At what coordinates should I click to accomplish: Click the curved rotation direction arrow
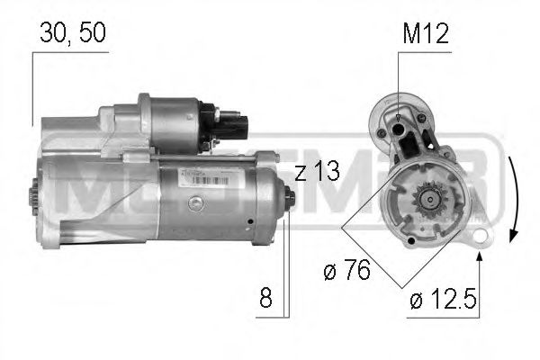(x=512, y=193)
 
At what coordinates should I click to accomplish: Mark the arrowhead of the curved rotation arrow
(x=510, y=235)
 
